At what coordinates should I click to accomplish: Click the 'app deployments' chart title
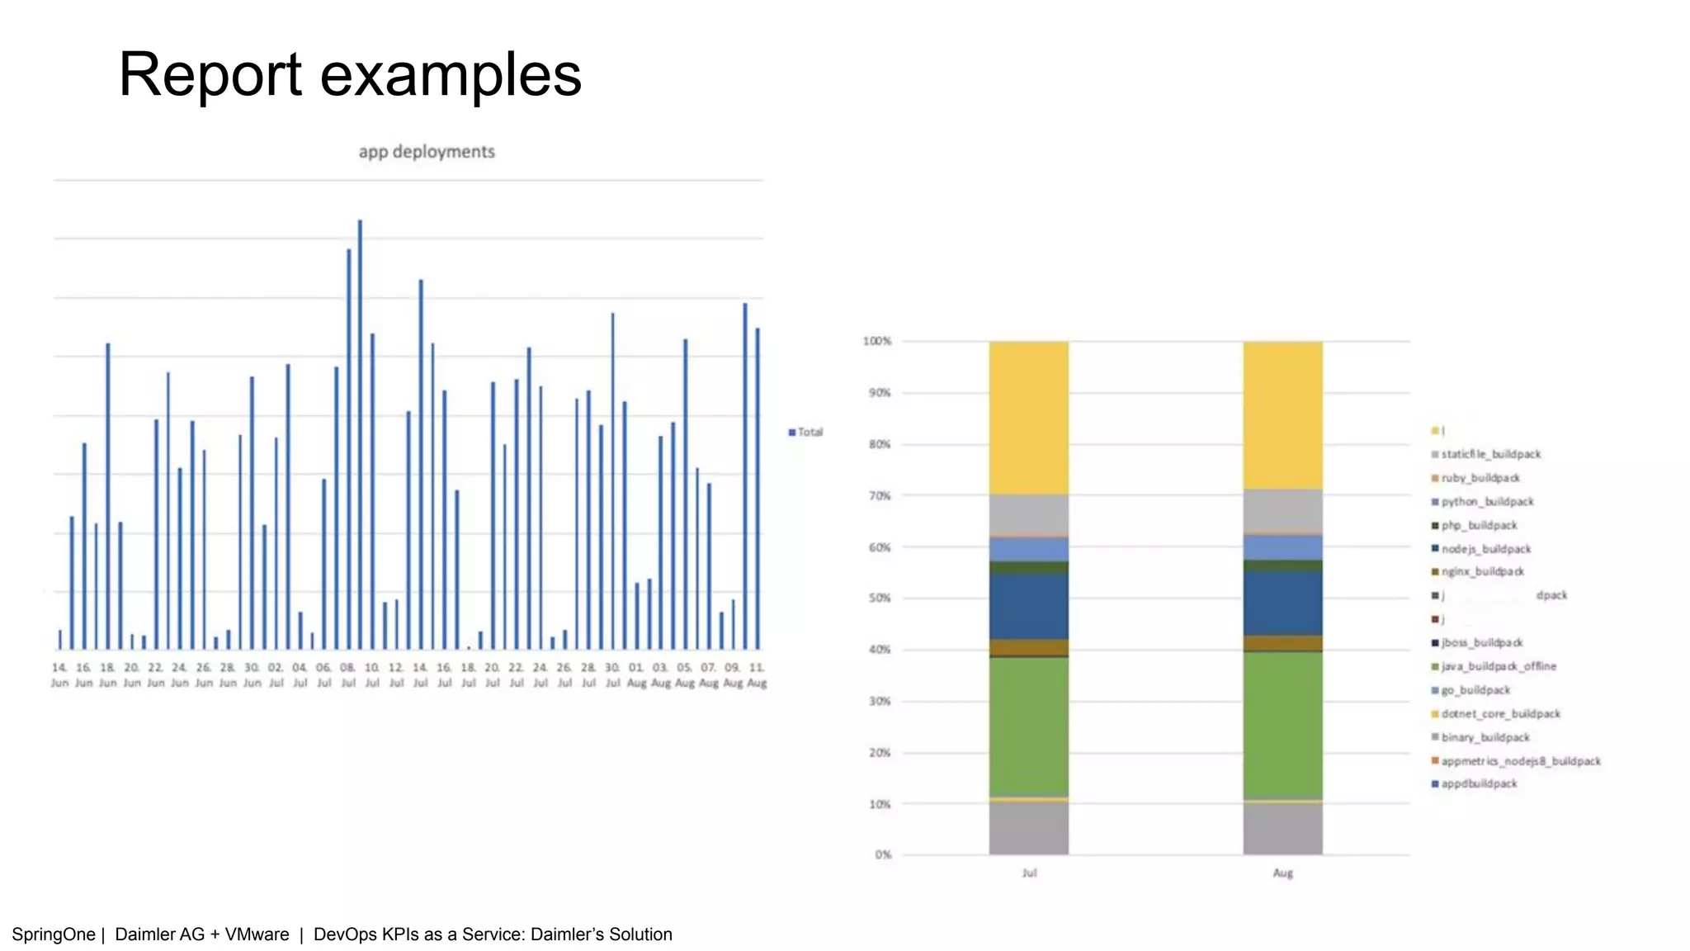coord(427,152)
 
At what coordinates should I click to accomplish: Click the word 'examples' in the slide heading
coord(451,75)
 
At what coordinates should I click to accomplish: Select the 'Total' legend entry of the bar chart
coord(806,432)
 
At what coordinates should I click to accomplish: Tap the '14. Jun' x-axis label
coord(59,674)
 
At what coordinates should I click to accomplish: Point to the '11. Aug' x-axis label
coord(757,674)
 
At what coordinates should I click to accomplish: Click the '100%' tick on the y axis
coord(877,341)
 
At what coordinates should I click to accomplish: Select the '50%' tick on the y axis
coord(880,598)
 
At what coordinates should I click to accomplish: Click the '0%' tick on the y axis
coord(883,854)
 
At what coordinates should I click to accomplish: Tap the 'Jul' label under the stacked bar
coord(1029,873)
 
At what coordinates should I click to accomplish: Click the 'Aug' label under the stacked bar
coord(1282,873)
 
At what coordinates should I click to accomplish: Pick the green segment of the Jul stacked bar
coord(1029,726)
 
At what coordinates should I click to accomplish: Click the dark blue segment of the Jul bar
coord(1029,606)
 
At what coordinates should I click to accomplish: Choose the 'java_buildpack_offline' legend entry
coord(1498,666)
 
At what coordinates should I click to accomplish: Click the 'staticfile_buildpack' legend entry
coord(1490,454)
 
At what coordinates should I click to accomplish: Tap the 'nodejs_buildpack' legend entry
coord(1485,549)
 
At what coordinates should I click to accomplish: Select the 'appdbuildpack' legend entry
coord(1479,783)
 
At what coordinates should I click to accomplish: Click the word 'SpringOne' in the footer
coord(54,934)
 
